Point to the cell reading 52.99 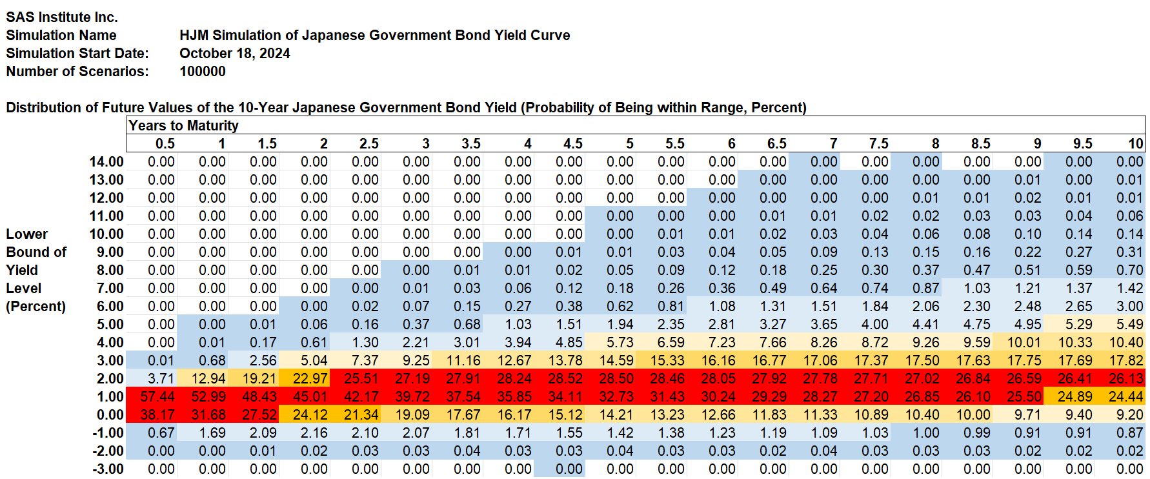208,396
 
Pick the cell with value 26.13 1125,378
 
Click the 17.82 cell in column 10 1125,360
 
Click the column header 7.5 878,143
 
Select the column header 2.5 368,143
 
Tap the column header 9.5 1082,143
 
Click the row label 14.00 106,161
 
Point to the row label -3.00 108,469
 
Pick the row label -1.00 108,433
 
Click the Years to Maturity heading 183,125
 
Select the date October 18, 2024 235,53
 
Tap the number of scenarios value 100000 203,71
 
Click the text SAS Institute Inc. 62,17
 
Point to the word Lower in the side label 26,234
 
